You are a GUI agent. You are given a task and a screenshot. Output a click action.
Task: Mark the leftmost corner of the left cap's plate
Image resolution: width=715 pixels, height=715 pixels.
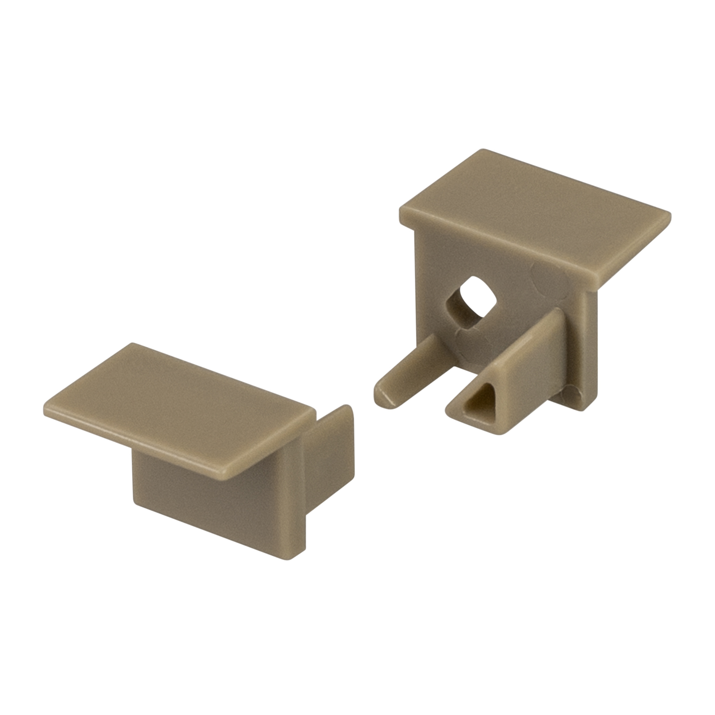(x=45, y=413)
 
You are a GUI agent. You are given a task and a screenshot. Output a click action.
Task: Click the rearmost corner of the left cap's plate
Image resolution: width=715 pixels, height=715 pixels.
(x=132, y=344)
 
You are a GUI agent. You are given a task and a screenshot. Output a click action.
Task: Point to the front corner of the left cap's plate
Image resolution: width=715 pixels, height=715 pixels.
(x=225, y=474)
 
